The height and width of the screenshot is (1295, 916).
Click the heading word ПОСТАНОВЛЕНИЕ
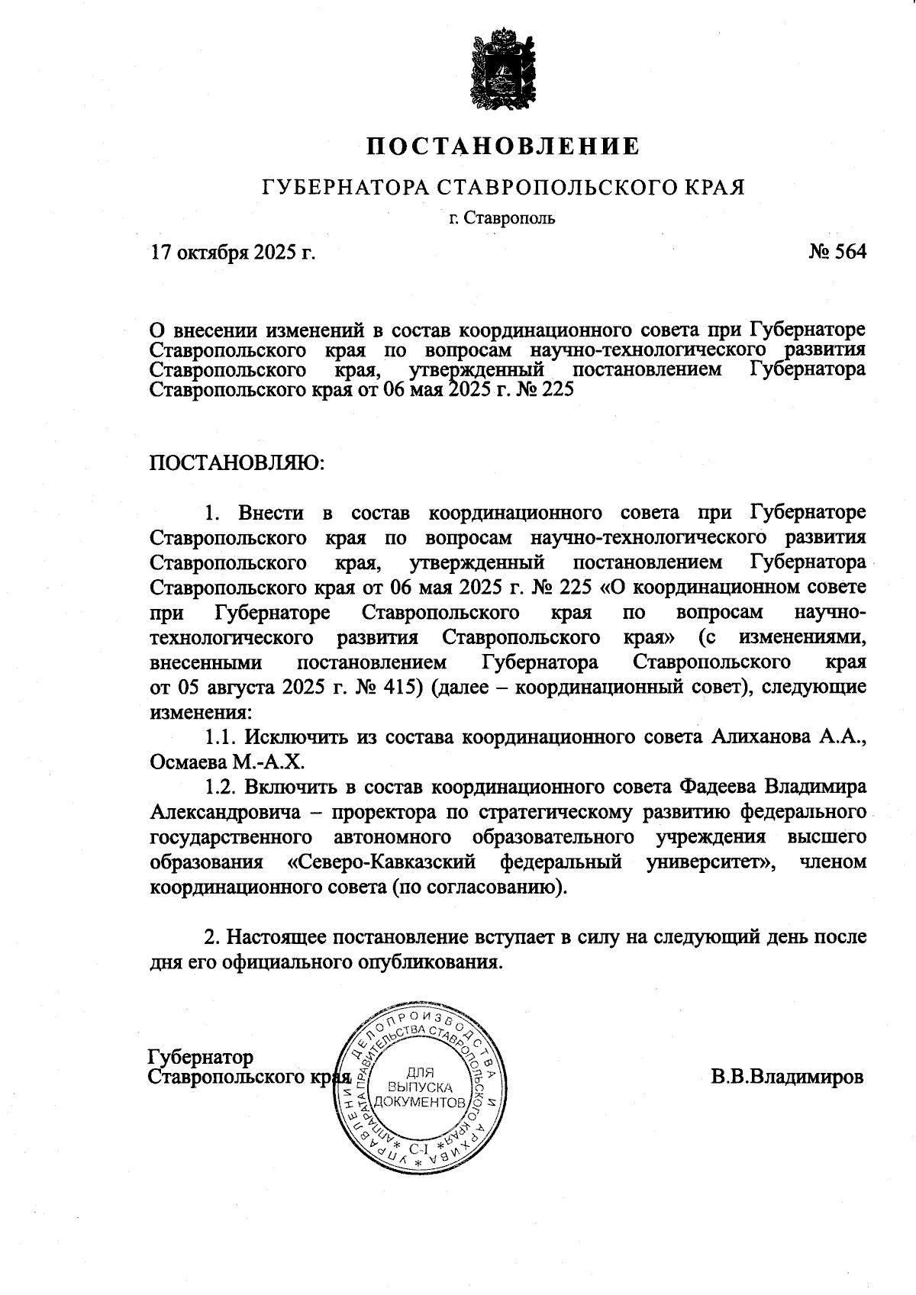click(502, 146)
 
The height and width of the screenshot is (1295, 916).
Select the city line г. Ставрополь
click(502, 218)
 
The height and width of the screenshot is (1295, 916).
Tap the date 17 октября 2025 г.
click(233, 252)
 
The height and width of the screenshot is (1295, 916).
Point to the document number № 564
click(837, 252)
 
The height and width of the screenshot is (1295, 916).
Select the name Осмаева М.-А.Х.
click(227, 762)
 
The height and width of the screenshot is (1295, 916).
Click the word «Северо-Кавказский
click(382, 862)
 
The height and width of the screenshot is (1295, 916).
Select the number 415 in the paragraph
click(402, 687)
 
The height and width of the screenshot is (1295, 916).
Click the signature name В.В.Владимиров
click(787, 1077)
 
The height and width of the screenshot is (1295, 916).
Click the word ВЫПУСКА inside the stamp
click(421, 1087)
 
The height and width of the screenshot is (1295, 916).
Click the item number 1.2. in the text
click(221, 787)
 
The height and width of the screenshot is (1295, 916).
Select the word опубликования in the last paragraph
click(430, 961)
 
